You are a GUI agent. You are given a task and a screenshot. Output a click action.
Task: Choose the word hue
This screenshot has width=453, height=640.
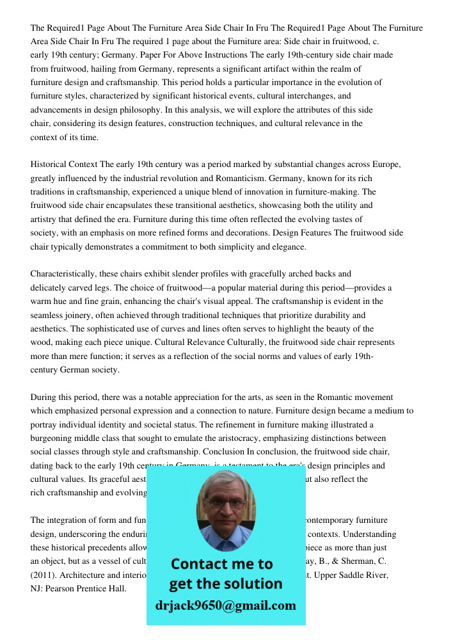click(x=67, y=301)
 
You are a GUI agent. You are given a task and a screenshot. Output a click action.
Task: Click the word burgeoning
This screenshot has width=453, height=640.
click(x=54, y=438)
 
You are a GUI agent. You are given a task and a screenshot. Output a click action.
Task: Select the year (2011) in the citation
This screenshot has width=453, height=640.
click(x=43, y=575)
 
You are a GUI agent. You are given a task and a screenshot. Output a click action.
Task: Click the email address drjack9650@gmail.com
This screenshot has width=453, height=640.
click(x=225, y=605)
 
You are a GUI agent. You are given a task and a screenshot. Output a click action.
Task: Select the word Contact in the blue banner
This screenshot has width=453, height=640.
click(x=200, y=564)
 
